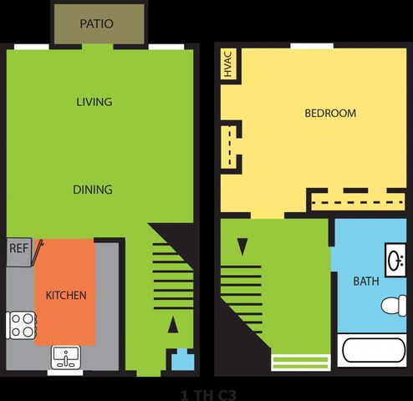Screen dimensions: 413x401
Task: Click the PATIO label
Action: [96, 23]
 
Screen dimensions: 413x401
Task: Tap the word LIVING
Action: [94, 102]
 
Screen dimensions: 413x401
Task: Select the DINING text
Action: [93, 190]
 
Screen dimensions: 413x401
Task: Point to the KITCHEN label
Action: [66, 295]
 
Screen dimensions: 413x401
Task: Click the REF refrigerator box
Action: [19, 252]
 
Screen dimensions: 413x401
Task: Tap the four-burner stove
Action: [21, 325]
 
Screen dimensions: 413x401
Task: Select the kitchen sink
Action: [66, 358]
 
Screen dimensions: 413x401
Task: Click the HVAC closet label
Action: [228, 64]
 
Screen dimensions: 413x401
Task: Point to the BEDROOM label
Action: [330, 114]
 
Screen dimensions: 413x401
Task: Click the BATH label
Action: [366, 282]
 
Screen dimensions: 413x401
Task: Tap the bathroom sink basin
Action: [395, 261]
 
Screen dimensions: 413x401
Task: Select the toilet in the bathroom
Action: [394, 306]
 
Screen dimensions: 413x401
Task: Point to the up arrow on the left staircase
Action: [173, 325]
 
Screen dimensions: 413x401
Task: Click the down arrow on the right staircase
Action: [242, 246]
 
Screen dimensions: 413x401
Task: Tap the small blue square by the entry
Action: [182, 360]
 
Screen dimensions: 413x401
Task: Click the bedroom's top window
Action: [312, 46]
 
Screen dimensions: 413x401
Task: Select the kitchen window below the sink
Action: [65, 373]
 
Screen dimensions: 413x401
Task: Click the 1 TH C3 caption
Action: [208, 395]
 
